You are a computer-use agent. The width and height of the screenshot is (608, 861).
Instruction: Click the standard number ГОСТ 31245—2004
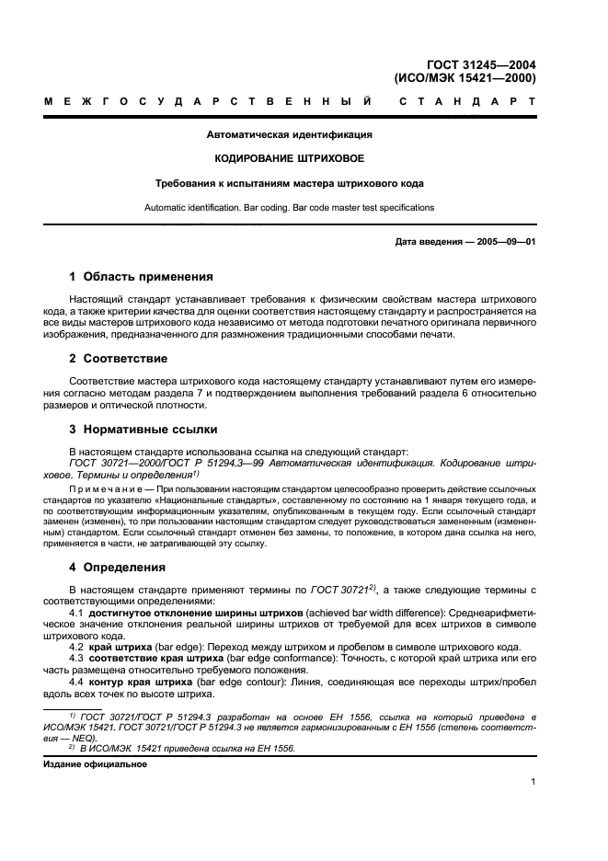(x=481, y=64)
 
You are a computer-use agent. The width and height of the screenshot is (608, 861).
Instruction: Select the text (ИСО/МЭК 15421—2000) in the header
(x=465, y=78)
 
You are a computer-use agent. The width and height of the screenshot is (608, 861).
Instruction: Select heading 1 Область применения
(x=142, y=276)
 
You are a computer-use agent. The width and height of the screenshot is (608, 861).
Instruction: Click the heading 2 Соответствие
(x=119, y=358)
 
